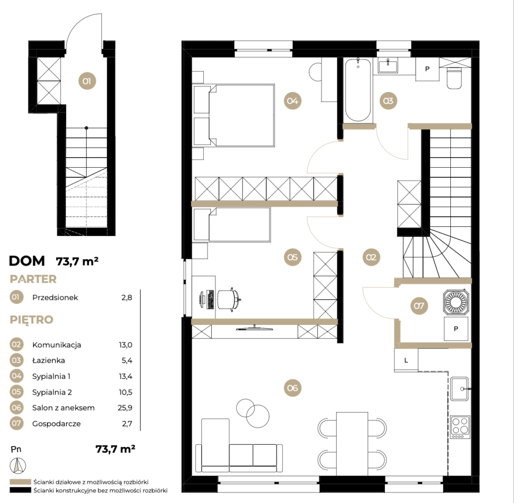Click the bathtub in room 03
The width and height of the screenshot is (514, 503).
[x=358, y=90]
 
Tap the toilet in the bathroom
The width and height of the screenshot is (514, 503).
[x=454, y=78]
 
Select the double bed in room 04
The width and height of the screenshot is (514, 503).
[x=234, y=115]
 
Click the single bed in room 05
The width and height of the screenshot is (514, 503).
[x=232, y=224]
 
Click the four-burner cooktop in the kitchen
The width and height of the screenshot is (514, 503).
[x=460, y=427]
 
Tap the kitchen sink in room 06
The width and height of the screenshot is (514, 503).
[x=459, y=389]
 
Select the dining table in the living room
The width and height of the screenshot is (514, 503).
[x=352, y=443]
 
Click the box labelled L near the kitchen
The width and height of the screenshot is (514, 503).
[x=406, y=360]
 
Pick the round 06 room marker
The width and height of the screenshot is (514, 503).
[x=293, y=388]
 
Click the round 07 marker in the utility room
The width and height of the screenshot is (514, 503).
[x=419, y=306]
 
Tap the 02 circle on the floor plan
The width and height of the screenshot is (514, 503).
[x=371, y=257]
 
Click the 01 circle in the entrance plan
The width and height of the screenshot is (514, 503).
[x=87, y=81]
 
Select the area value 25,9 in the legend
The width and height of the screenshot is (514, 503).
[x=125, y=408]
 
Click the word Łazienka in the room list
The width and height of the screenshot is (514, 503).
[x=49, y=360]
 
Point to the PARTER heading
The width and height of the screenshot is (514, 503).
[x=33, y=279]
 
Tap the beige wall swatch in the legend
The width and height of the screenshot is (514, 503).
[x=20, y=482]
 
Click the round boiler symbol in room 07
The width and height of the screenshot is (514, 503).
[x=456, y=302]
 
